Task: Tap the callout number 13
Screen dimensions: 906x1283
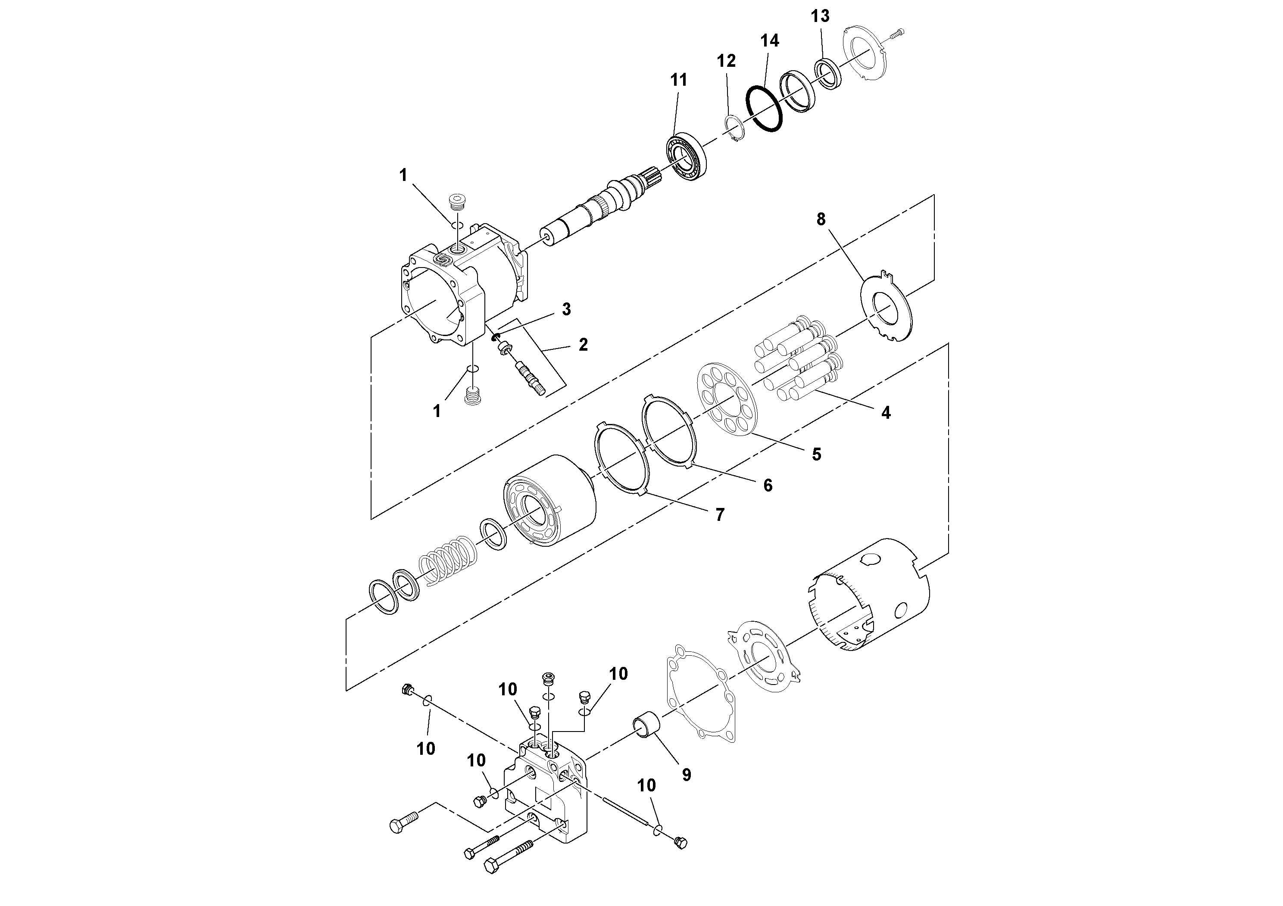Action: (x=820, y=17)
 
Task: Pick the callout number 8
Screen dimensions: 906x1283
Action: (x=820, y=220)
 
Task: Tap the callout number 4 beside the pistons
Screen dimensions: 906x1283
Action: (x=886, y=413)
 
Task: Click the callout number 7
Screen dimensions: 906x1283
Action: (x=720, y=514)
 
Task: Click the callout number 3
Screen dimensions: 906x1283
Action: (x=566, y=309)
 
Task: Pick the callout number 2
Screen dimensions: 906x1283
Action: (x=583, y=345)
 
